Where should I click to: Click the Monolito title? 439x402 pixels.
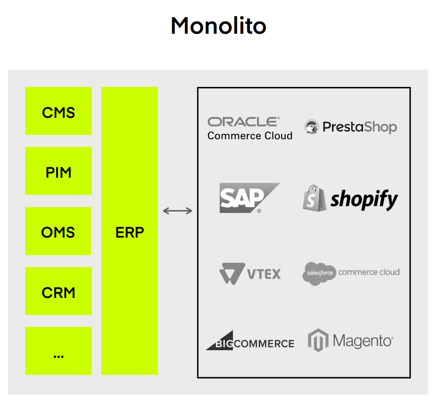[218, 26]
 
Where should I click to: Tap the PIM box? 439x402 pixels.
[59, 172]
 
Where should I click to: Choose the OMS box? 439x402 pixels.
[59, 232]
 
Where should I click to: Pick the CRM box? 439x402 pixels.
[59, 292]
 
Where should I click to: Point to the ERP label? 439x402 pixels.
[129, 232]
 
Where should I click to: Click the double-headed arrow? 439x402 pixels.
[177, 211]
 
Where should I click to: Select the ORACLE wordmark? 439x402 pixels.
[244, 122]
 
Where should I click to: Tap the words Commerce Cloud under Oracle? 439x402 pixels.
[250, 136]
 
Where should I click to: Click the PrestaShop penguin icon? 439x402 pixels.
[312, 127]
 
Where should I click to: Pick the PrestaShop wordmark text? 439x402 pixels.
[359, 127]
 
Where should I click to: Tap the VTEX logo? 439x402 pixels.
[250, 273]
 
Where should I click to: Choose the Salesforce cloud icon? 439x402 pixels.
[319, 273]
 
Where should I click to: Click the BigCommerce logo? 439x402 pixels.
[250, 342]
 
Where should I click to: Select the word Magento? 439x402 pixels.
[363, 341]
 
